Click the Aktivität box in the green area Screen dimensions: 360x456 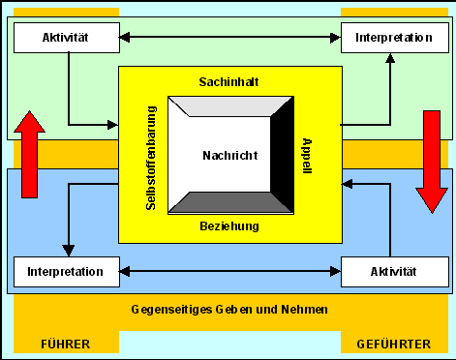click(65, 38)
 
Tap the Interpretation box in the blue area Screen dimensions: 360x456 click(66, 272)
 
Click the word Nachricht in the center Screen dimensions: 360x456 click(228, 155)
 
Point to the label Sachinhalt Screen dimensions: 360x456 click(228, 80)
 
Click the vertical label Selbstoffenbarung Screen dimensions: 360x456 click(137, 155)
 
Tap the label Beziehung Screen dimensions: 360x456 click(228, 225)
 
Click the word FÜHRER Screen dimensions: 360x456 click(66, 344)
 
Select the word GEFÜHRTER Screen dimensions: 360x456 click(394, 344)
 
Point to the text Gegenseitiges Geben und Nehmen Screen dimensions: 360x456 click(228, 310)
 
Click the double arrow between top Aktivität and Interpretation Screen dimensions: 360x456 click(228, 38)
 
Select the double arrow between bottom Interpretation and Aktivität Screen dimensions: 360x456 click(228, 272)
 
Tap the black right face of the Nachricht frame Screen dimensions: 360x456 click(280, 155)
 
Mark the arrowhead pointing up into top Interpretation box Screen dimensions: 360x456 click(390, 58)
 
